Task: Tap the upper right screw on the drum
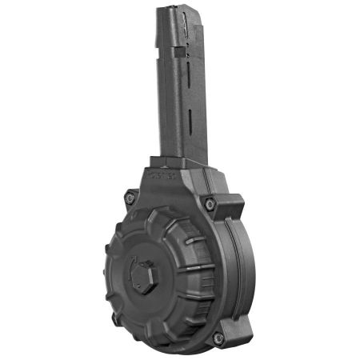[210, 205]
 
